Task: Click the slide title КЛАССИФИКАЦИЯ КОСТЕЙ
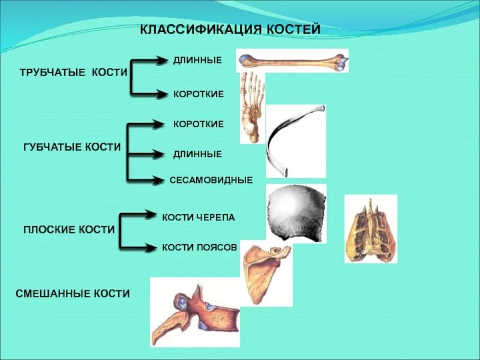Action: tap(230, 29)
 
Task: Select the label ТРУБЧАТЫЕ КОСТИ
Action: tap(74, 72)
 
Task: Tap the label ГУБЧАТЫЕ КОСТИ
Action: tap(72, 147)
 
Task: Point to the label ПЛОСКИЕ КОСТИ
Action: tap(69, 229)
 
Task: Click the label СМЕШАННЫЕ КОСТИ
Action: tap(73, 293)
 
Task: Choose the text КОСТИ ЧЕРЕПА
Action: tap(199, 217)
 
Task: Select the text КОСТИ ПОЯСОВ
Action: tap(200, 247)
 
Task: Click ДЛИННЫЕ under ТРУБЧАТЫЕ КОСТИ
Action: tap(197, 60)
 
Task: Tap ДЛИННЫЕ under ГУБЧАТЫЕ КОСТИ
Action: tap(197, 154)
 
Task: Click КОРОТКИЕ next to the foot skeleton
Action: tap(199, 94)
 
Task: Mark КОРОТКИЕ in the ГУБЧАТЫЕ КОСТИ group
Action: tap(199, 124)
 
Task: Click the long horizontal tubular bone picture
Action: tap(292, 61)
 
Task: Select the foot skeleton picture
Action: tap(251, 107)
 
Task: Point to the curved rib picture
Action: tap(295, 141)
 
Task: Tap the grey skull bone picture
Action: tap(296, 213)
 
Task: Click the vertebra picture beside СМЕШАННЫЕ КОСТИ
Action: tap(194, 312)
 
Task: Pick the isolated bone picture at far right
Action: tap(370, 229)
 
